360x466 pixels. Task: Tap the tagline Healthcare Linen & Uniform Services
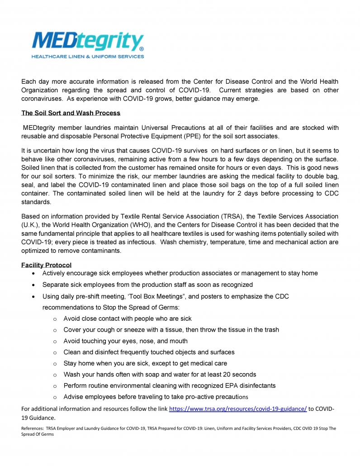[x=87, y=57]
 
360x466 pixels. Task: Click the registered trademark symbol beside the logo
[x=142, y=48]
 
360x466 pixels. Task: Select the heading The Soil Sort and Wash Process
[x=71, y=113]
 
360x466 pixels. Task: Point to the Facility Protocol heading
[x=46, y=265]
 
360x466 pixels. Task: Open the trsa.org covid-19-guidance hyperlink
[x=238, y=409]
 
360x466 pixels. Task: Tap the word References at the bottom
[x=32, y=428]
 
